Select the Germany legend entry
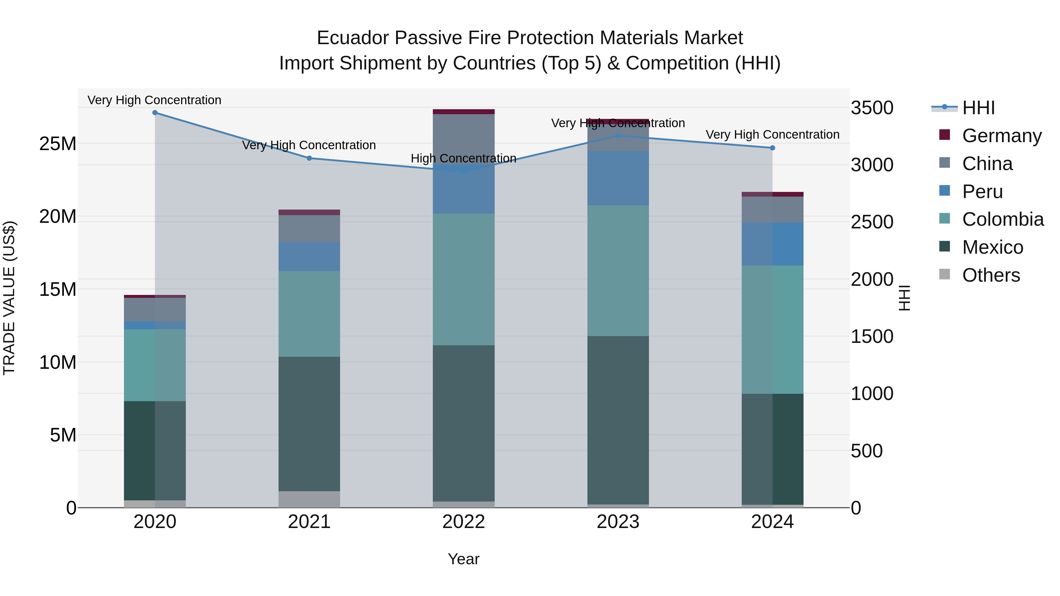click(1001, 135)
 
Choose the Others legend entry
click(991, 275)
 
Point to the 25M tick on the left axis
click(58, 144)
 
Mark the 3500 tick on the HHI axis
click(872, 108)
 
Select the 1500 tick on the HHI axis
click(872, 336)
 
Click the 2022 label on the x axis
click(463, 522)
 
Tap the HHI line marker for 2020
click(155, 113)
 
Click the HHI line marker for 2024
click(772, 148)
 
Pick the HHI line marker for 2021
click(309, 158)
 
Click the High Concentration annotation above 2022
click(463, 158)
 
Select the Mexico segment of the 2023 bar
click(618, 419)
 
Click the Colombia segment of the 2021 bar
click(309, 313)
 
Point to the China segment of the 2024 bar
click(772, 210)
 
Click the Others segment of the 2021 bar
click(309, 499)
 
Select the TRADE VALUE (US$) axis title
click(9, 298)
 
